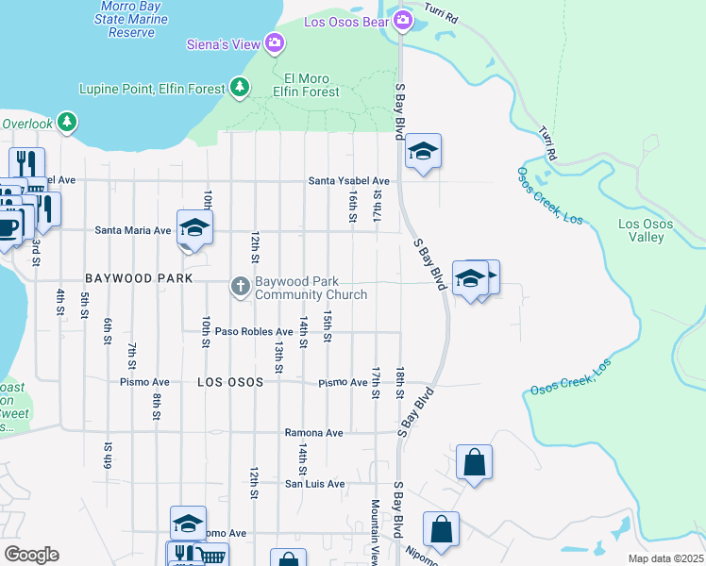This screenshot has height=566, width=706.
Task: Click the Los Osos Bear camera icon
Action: tap(404, 20)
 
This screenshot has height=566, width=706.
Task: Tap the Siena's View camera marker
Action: tap(275, 42)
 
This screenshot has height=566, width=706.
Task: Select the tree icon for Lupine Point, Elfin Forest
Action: tap(241, 89)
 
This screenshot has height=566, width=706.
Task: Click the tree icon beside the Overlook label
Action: tap(66, 123)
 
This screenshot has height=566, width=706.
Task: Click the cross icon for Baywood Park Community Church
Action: tap(241, 287)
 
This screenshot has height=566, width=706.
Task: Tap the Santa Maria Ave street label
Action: tap(133, 230)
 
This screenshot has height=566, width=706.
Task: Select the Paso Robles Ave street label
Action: tap(254, 332)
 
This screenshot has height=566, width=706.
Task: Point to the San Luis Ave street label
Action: tap(315, 484)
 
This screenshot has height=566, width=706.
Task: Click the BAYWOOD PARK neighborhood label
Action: tap(138, 279)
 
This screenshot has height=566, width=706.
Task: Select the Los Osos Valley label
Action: tap(647, 230)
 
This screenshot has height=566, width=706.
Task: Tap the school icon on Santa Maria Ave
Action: tap(194, 227)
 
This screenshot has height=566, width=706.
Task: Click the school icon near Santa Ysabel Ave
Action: tap(423, 151)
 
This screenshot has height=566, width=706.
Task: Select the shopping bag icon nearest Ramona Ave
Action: tap(474, 462)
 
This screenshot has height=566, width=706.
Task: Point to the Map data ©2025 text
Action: tap(666, 558)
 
